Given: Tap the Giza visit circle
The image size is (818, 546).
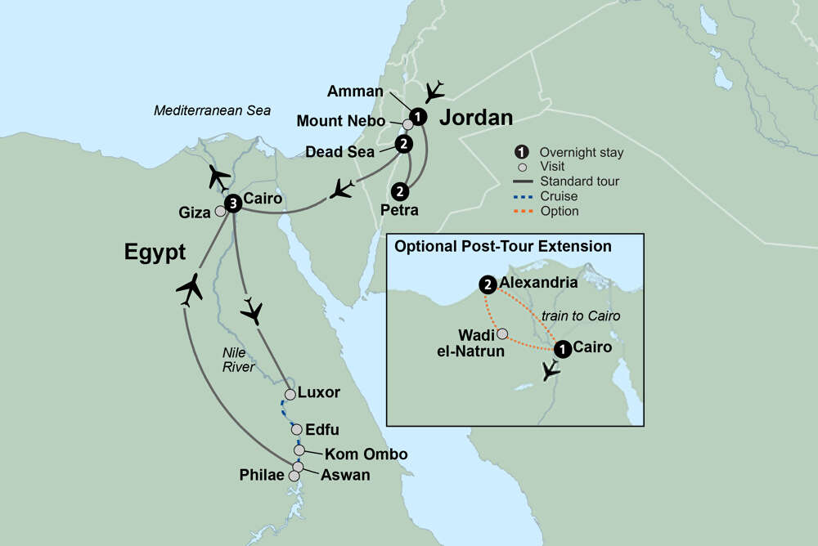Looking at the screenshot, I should click(219, 211).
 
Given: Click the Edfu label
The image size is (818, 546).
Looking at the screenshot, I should click(321, 430).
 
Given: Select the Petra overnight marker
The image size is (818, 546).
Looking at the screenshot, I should click(399, 191).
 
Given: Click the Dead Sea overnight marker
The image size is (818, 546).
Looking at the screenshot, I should click(402, 145).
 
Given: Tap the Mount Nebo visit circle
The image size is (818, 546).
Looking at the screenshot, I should click(407, 125).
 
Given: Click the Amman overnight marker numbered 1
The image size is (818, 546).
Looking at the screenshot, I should click(418, 117).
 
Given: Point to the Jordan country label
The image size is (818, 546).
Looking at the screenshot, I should click(476, 118).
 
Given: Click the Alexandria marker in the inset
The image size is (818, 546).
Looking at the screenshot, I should click(488, 284).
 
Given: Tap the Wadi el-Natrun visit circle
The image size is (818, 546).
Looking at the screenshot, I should click(502, 334).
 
